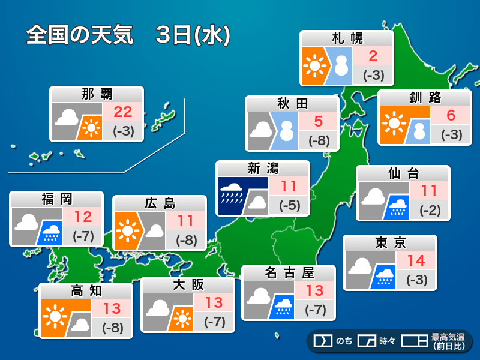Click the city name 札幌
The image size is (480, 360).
tap(347, 38)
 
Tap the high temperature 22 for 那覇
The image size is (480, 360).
tap(124, 111)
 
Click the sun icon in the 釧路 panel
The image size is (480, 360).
tap(394, 124)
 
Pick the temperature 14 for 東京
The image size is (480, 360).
tap(416, 261)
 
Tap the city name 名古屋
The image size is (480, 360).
tap(289, 273)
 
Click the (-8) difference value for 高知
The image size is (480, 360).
tap(113, 328)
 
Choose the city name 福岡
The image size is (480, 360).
tap(57, 199)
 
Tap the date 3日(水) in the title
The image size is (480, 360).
tap(192, 35)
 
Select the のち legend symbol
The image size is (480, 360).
tap(323, 341)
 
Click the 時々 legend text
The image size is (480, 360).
tap(387, 341)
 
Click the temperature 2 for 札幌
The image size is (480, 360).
tap(373, 57)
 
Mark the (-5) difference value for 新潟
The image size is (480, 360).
tap(289, 206)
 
